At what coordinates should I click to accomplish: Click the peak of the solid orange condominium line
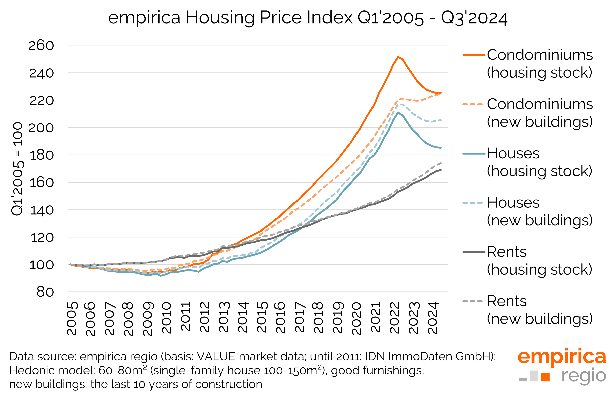point(398,57)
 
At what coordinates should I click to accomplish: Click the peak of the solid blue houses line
point(398,112)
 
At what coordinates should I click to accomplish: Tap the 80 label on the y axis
point(45,292)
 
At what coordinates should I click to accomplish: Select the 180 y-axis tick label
point(42,155)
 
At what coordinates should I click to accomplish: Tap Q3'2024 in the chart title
point(474,18)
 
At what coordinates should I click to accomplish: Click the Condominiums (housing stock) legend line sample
point(473,55)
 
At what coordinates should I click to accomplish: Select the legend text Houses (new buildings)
point(539,211)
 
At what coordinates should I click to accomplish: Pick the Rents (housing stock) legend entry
point(539,261)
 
